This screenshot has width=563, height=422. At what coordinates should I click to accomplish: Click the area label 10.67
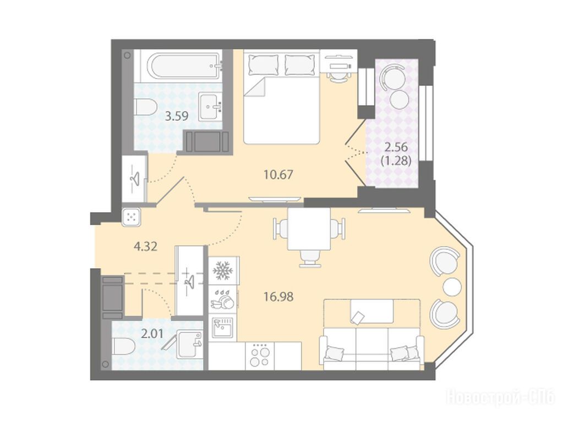[278, 175]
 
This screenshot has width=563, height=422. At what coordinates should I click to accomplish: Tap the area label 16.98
[278, 297]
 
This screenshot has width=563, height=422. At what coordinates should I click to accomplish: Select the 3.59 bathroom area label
[176, 116]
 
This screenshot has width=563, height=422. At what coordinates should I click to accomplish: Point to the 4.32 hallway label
[145, 247]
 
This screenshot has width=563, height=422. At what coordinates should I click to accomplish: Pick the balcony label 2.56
[396, 147]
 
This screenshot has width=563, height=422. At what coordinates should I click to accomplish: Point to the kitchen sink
[222, 327]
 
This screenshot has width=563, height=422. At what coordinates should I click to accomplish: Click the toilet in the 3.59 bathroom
[146, 107]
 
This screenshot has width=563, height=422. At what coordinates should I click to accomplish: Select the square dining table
[309, 229]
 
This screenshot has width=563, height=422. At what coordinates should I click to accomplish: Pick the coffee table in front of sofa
[371, 312]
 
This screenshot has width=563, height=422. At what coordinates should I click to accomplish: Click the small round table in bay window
[452, 286]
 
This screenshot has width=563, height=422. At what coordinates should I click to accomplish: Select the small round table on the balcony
[400, 100]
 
